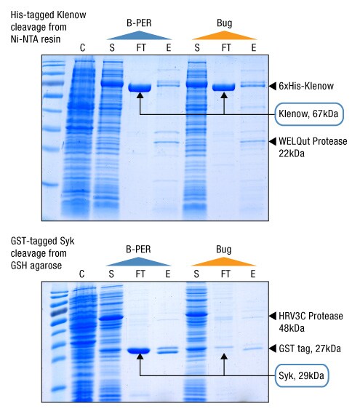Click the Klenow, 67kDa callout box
pos(308,114)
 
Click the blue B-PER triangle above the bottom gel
pos(138,260)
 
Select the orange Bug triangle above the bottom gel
pos(225,260)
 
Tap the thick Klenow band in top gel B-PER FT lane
pos(139,87)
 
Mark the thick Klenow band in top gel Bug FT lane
pos(224,87)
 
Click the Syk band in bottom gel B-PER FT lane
pos(139,351)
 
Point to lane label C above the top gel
pos(82,49)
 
